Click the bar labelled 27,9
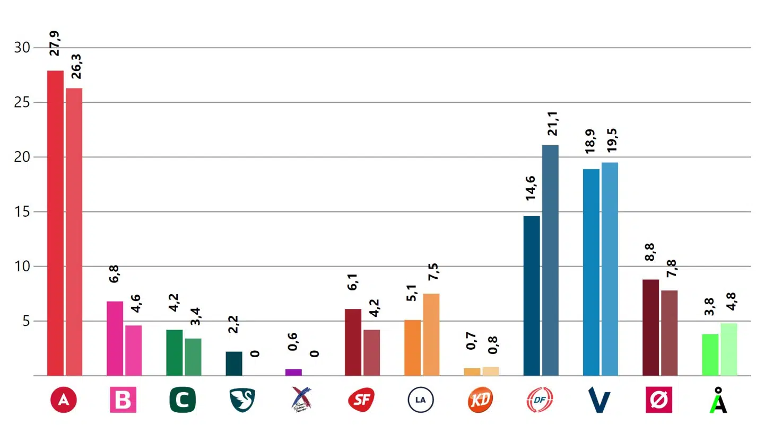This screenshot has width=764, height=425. tap(55, 223)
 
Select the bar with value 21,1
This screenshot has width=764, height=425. tap(550, 260)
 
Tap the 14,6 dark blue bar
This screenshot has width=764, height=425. tap(531, 296)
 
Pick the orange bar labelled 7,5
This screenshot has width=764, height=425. tap(431, 334)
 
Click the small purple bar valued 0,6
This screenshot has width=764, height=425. tap(293, 372)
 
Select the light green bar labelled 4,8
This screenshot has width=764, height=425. tap(728, 349)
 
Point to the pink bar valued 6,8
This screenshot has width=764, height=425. tap(115, 338)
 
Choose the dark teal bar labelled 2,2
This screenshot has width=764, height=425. tap(234, 364)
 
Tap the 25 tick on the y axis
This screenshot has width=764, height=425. tap(22, 102)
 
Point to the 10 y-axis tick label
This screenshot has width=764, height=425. tap(22, 267)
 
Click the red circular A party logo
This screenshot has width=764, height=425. tap(64, 400)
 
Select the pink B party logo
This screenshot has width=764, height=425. tap(123, 400)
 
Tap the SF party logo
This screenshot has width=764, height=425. tap(361, 400)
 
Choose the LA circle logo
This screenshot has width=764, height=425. tap(421, 400)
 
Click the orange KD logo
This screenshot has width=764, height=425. tap(480, 400)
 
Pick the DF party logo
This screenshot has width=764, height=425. tap(540, 400)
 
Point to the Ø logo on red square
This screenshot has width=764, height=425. tap(659, 400)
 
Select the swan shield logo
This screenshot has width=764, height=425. tap(242, 400)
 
